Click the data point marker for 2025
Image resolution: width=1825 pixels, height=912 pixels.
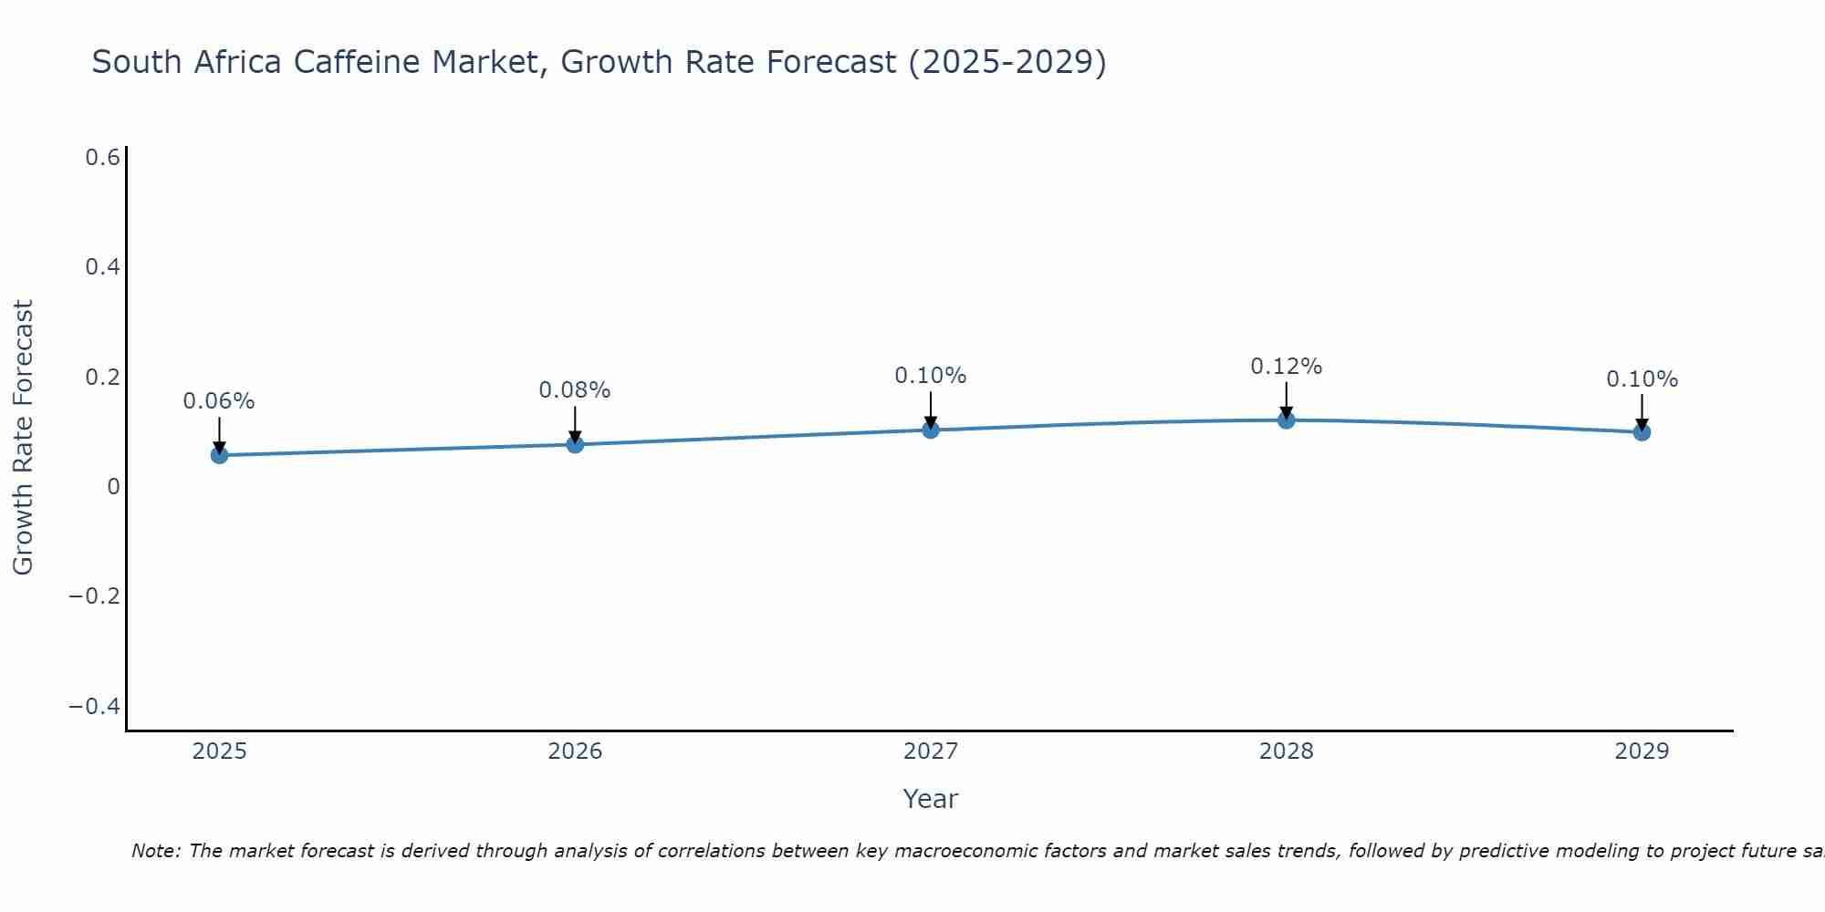(219, 454)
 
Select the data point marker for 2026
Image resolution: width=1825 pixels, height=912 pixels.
(575, 444)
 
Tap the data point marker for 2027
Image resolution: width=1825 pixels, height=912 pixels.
(931, 430)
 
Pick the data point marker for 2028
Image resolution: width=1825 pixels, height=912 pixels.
(1286, 420)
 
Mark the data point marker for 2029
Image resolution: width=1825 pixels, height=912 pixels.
(1642, 432)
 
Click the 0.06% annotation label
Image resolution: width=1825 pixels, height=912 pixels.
(219, 401)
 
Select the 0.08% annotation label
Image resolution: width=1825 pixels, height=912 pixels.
(575, 390)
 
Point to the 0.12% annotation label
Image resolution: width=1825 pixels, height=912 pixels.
(1286, 367)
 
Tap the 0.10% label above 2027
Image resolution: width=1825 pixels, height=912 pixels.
(931, 376)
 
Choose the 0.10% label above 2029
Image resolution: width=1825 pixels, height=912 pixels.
(1642, 379)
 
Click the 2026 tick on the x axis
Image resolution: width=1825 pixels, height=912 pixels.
(575, 751)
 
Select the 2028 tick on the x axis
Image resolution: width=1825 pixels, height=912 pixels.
(1286, 751)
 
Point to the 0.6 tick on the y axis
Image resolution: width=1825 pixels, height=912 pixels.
(103, 158)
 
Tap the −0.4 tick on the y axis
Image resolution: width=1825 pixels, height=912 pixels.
(95, 707)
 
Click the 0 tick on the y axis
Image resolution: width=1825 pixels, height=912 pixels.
(113, 487)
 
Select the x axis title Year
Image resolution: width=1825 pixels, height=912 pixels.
(930, 799)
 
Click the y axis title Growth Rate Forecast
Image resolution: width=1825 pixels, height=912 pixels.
(23, 438)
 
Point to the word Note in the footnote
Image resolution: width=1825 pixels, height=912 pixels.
(155, 851)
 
